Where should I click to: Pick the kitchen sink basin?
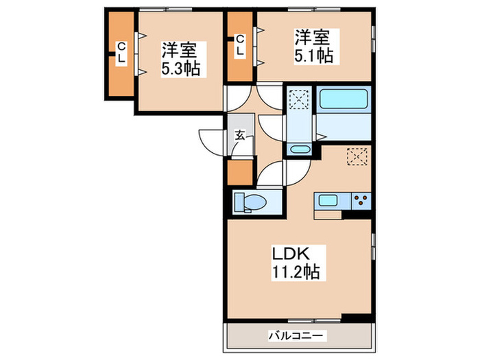[327, 201]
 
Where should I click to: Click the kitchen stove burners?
[361, 201]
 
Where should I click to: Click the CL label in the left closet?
[121, 53]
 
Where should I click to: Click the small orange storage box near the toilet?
[239, 172]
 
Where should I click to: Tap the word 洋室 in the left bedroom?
[179, 51]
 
